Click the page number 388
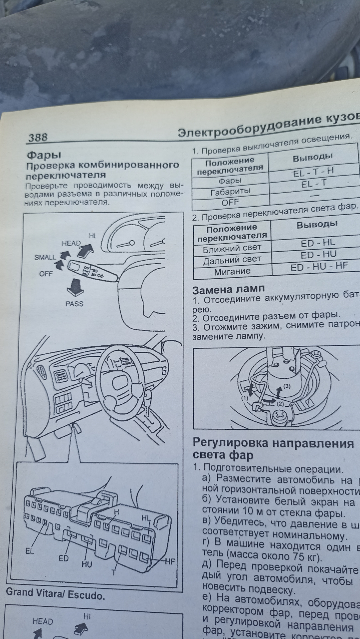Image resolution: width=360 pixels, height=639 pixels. (x=38, y=137)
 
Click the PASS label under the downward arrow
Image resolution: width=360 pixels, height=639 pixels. (x=75, y=304)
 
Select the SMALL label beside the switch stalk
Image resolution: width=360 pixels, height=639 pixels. (x=45, y=257)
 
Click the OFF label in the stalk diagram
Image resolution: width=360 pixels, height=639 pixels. (x=46, y=274)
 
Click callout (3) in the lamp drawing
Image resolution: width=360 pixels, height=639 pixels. (x=287, y=386)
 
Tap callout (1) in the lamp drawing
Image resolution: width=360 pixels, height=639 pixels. (x=245, y=398)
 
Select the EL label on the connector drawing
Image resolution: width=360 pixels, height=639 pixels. (x=30, y=551)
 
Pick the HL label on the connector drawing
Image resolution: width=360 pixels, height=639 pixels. (x=146, y=518)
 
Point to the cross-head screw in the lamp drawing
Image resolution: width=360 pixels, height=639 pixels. (x=280, y=416)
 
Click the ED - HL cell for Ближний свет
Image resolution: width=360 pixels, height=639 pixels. (x=318, y=243)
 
